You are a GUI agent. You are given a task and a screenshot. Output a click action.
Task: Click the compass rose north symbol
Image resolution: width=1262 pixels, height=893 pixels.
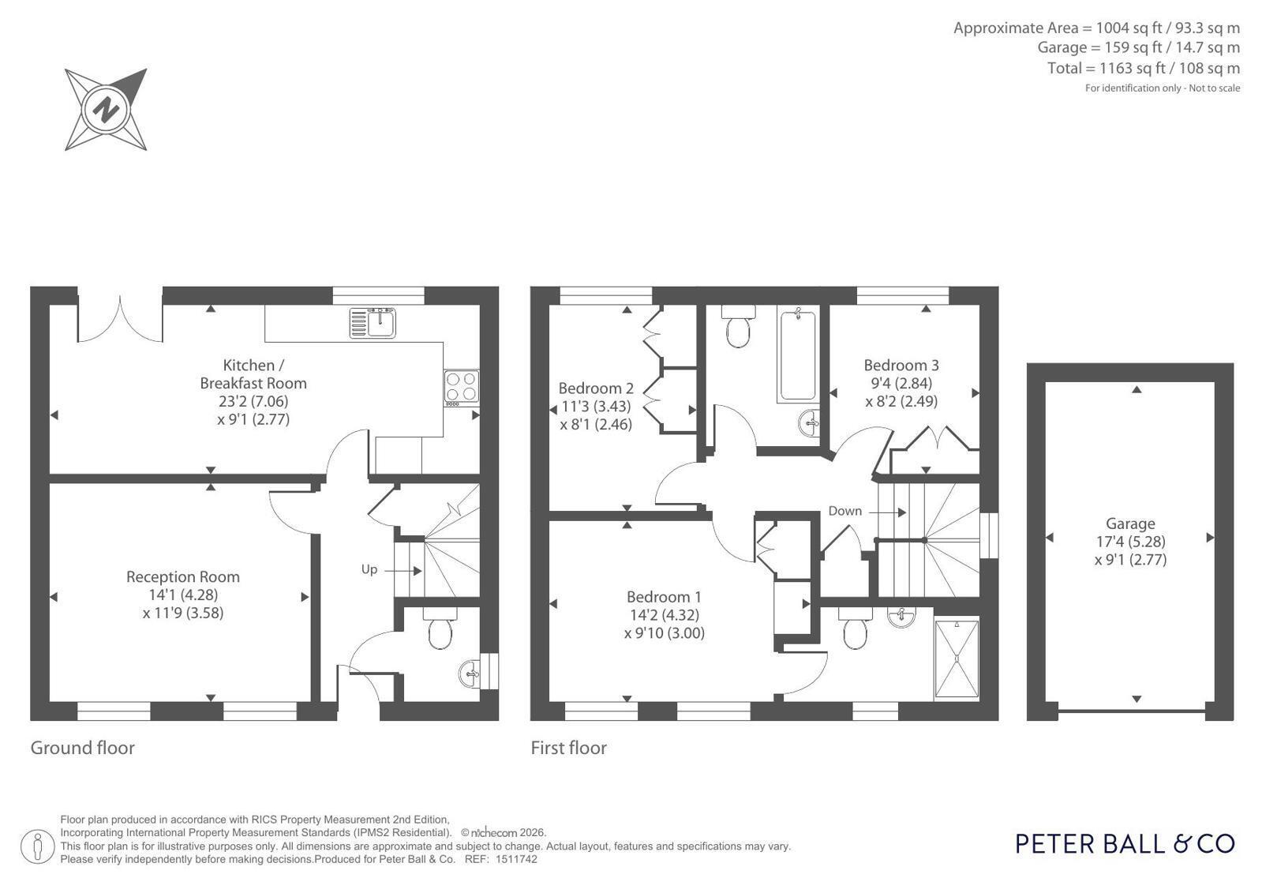[x=106, y=110]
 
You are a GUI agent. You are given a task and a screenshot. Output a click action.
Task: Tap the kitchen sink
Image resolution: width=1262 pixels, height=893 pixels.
[x=373, y=323]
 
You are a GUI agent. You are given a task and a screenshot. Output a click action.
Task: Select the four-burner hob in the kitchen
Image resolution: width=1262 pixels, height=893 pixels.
[x=462, y=388]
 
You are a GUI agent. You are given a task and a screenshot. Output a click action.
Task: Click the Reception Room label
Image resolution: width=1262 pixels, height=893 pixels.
[x=183, y=576]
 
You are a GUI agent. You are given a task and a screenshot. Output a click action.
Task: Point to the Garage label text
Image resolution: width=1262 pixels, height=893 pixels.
[x=1130, y=524]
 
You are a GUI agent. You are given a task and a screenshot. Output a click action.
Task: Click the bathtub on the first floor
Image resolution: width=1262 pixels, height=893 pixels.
[x=798, y=354]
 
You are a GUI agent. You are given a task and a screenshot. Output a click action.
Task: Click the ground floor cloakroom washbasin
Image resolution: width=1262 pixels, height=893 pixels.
[x=470, y=674]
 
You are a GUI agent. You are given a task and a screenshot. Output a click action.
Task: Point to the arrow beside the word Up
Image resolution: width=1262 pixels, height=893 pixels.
[x=403, y=571]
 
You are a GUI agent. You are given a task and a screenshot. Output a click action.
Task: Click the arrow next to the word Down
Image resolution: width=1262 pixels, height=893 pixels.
[x=887, y=512]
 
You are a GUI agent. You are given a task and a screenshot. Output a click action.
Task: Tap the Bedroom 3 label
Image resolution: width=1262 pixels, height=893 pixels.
[x=901, y=366]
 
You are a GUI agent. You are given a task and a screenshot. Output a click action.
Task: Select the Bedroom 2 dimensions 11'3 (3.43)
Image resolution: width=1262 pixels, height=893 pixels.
[x=596, y=407]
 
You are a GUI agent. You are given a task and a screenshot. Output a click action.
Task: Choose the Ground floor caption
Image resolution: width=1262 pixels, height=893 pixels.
[x=82, y=748]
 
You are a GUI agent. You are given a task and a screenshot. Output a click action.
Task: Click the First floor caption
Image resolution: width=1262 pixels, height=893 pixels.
[x=568, y=748]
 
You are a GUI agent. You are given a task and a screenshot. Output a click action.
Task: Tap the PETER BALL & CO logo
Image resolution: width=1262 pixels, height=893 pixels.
[x=1125, y=844]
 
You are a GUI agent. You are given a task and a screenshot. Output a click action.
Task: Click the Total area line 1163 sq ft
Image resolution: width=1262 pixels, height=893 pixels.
[x=1143, y=68]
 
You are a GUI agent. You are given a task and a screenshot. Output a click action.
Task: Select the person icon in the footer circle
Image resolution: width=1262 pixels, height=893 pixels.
[x=37, y=846]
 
